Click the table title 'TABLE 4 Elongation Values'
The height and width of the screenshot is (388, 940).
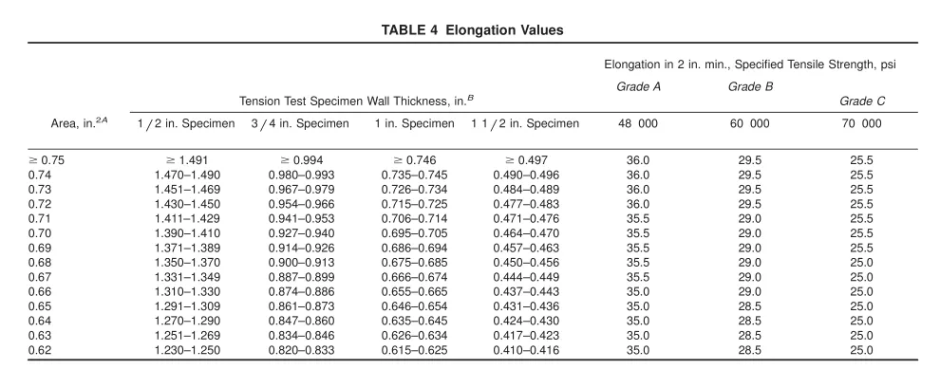coord(473,30)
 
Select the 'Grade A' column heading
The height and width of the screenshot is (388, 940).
coord(638,87)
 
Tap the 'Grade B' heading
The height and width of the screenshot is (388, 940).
coord(750,87)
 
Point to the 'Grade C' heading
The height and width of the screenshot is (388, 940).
coord(862,102)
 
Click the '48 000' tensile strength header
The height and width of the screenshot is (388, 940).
coord(638,123)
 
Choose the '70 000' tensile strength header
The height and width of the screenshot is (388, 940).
coord(862,123)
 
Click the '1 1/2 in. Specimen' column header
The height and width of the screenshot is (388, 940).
coord(525,123)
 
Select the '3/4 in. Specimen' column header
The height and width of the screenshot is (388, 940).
coord(300,123)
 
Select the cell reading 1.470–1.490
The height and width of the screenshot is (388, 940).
coord(187,175)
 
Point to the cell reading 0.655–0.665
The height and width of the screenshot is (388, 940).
coord(414,291)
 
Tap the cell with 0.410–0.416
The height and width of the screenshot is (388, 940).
coord(526,350)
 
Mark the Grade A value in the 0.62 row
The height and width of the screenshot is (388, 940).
coord(638,350)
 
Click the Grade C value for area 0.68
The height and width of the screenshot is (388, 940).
coord(861,262)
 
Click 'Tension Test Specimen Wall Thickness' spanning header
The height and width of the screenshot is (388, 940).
coord(353,102)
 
